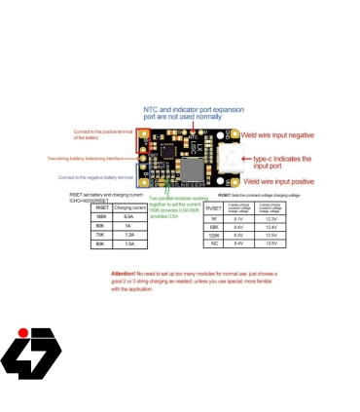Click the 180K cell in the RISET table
click(101, 216)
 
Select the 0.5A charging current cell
click(129, 216)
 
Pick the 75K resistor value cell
click(101, 234)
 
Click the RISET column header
click(101, 207)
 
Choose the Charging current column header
click(129, 207)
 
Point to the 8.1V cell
click(239, 218)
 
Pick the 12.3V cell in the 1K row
click(271, 218)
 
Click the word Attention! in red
click(124, 274)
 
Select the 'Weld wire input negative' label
click(277, 134)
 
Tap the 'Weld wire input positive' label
click(277, 181)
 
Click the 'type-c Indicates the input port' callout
click(282, 159)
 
